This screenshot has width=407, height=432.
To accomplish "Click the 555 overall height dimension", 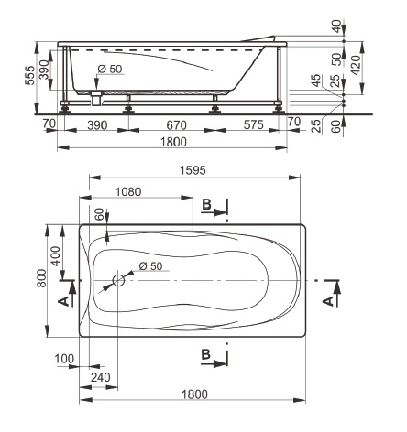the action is pyautogui.click(x=30, y=76).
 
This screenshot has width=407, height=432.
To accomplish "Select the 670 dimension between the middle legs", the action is pyautogui.click(x=177, y=125).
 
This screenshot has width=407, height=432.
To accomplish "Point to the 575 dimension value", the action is pyautogui.click(x=254, y=124).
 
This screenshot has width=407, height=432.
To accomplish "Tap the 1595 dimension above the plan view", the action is pyautogui.click(x=192, y=170).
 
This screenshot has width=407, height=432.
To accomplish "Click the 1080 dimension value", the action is pyautogui.click(x=128, y=192).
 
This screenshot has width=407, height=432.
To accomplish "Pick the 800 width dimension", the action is pyautogui.click(x=41, y=278).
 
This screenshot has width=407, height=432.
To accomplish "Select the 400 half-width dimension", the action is pyautogui.click(x=56, y=256).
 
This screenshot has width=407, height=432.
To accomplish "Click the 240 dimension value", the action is pyautogui.click(x=101, y=377).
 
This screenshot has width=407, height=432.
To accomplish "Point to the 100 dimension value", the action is pyautogui.click(x=64, y=359).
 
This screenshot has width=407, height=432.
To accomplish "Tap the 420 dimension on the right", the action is pyautogui.click(x=356, y=65).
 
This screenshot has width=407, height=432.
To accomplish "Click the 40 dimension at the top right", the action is pyautogui.click(x=336, y=27).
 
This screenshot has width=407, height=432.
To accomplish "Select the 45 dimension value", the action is pyautogui.click(x=317, y=81).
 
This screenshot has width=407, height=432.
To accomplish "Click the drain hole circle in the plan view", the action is pyautogui.click(x=118, y=280).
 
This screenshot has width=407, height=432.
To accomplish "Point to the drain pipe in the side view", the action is pyautogui.click(x=96, y=98).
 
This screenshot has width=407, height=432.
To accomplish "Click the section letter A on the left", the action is pyautogui.click(x=63, y=302).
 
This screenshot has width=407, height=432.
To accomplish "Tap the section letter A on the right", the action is pyautogui.click(x=328, y=301).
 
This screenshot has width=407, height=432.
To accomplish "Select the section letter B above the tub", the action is pyautogui.click(x=207, y=204).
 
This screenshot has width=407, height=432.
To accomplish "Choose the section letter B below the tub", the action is pyautogui.click(x=206, y=354).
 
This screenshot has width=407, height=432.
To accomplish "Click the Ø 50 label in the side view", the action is pyautogui.click(x=110, y=69).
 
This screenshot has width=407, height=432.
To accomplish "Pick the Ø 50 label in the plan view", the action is pyautogui.click(x=150, y=265).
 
